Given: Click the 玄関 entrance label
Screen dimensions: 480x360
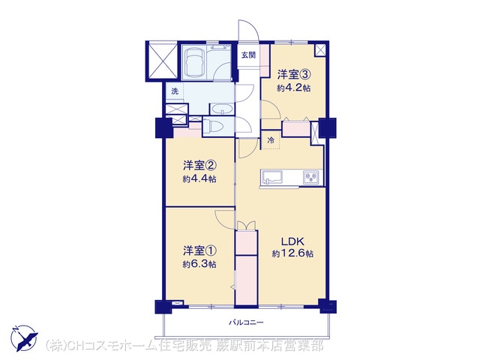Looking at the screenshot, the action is [248, 55].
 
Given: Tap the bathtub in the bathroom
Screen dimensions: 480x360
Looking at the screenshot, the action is [194, 62].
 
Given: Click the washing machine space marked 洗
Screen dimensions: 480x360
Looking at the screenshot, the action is [175, 91].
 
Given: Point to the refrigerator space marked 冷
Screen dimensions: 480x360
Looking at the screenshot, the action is [271, 140].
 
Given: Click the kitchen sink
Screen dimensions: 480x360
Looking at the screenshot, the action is [272, 177].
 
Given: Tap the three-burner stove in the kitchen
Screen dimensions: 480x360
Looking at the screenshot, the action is [311, 178].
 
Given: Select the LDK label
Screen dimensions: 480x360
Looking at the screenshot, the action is [292, 241].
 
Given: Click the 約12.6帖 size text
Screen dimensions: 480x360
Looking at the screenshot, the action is [292, 253].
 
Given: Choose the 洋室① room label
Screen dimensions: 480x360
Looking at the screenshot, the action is [200, 251].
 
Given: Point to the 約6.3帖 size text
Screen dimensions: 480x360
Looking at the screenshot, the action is [199, 264].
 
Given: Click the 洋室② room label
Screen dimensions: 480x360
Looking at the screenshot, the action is [200, 166].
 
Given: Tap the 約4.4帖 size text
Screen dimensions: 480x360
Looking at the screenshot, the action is [199, 178].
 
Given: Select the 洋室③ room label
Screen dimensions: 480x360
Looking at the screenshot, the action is [294, 75].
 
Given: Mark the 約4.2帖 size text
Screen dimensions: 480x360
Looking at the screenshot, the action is [294, 88].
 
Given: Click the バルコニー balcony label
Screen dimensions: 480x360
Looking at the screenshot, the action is [247, 322].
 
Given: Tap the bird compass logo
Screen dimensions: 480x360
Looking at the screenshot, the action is [25, 338].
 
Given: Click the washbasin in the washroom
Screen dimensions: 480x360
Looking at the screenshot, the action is [222, 109].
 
